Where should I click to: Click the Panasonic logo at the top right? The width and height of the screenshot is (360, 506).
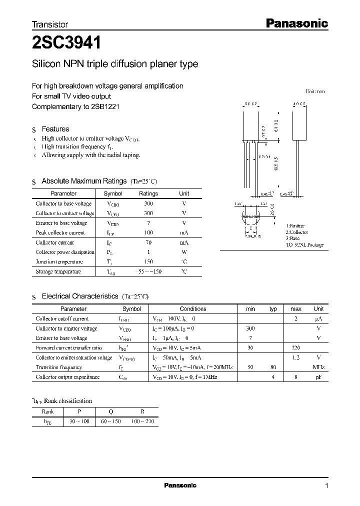coord(296,23)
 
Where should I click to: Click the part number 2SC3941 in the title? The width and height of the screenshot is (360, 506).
coord(66,43)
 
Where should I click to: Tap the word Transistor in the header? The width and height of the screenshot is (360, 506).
coord(50,24)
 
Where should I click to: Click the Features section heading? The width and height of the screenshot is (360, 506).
coord(55,128)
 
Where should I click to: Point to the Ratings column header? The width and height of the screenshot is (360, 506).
coord(148,193)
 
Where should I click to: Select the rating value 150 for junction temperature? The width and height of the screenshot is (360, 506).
coord(148,261)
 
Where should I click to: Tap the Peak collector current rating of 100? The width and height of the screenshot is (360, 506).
coord(148,232)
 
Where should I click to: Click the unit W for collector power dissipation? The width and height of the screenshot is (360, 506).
coord(184,252)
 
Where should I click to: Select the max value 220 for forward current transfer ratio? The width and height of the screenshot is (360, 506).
coord(296,347)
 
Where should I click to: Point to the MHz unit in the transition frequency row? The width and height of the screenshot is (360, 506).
coord(318,367)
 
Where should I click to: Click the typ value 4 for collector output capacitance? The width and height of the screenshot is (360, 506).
coord(273,376)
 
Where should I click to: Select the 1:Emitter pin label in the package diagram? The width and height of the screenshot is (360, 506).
coord(295,226)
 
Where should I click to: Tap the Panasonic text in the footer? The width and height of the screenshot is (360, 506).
coord(180,485)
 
